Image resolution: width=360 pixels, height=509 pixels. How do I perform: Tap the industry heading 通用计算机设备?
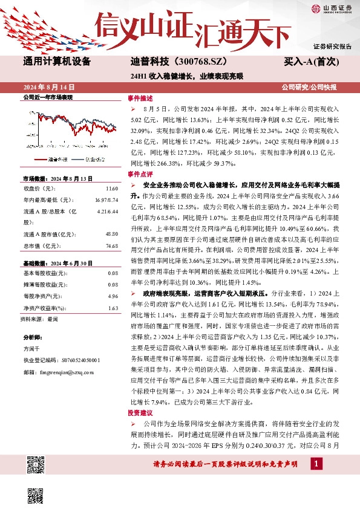coord(56,62)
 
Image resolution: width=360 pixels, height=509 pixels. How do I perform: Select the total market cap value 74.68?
coord(111,230)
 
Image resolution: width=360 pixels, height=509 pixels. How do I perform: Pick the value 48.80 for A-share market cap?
coord(111,216)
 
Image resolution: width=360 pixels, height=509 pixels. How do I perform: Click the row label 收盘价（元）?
coord(40,189)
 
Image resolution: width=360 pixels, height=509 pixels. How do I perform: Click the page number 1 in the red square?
coord(316,464)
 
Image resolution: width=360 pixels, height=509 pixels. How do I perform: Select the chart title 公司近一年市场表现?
coord(47,97)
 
